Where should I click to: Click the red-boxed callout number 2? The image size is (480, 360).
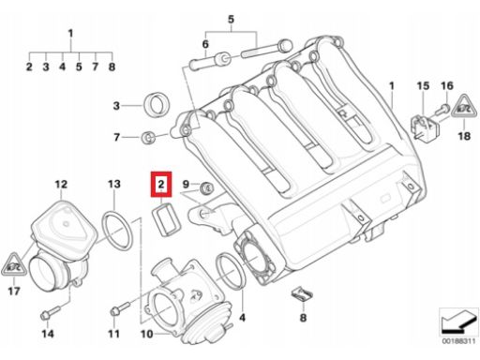161,184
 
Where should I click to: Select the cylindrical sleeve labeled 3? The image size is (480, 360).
157,104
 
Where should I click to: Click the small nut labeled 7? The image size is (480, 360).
147,138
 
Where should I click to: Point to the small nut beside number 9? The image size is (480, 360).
206,187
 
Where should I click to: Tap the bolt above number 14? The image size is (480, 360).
50,312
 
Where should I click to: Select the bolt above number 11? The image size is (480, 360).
120,307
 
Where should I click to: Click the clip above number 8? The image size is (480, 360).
302,294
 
